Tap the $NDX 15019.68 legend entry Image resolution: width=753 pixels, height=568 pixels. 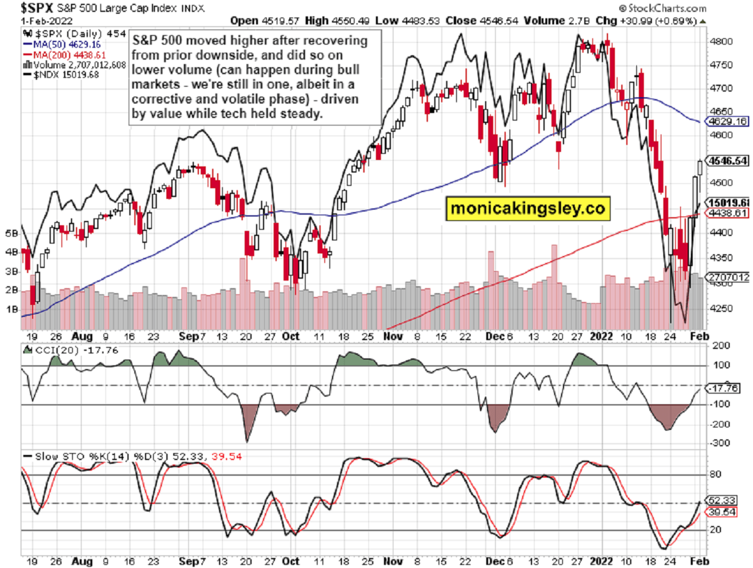click(56, 73)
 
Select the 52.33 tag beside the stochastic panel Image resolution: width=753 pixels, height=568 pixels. click(725, 501)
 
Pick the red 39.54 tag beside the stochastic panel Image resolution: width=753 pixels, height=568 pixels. click(725, 513)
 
